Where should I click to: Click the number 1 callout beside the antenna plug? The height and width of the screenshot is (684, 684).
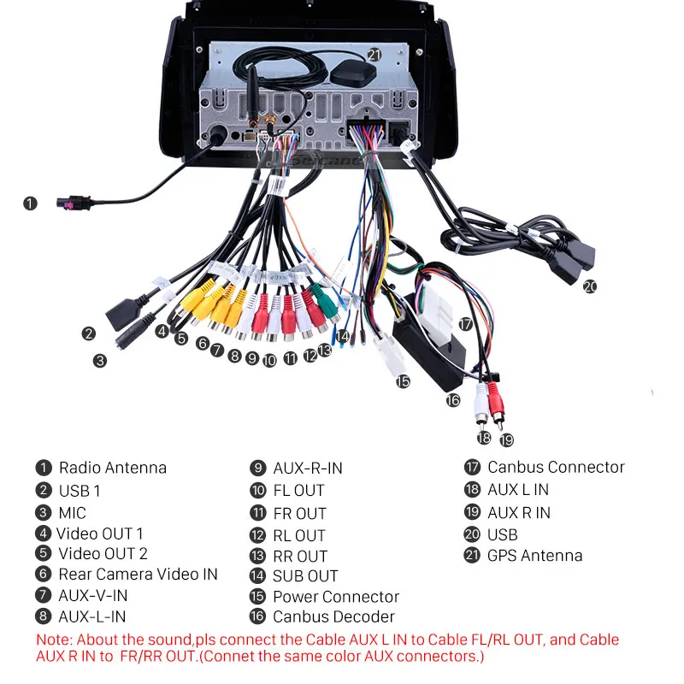tap(31, 203)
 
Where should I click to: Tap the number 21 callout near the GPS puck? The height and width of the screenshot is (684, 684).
tap(374, 54)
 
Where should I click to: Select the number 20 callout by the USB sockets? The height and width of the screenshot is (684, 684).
tap(589, 286)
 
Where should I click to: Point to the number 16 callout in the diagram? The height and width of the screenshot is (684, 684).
tap(452, 399)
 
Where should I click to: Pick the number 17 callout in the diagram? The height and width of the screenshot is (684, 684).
tap(464, 324)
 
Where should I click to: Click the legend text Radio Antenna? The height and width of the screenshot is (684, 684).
tap(112, 468)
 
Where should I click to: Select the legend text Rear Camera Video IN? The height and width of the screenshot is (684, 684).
tap(138, 575)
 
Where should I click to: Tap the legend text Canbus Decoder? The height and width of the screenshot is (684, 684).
tap(333, 616)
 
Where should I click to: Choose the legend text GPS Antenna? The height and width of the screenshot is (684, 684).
tap(534, 556)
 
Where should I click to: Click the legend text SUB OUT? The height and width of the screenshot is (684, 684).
tap(305, 576)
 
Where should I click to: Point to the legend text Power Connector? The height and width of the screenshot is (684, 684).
tap(336, 597)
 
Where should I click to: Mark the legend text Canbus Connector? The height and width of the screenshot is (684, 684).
tap(556, 468)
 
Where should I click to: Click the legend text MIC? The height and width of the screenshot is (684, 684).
tap(73, 513)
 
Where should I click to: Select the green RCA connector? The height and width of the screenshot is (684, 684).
tap(323, 298)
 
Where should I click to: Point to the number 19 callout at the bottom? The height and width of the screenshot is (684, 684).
tap(507, 439)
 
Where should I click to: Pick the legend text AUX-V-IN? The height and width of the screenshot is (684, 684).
tap(92, 595)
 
